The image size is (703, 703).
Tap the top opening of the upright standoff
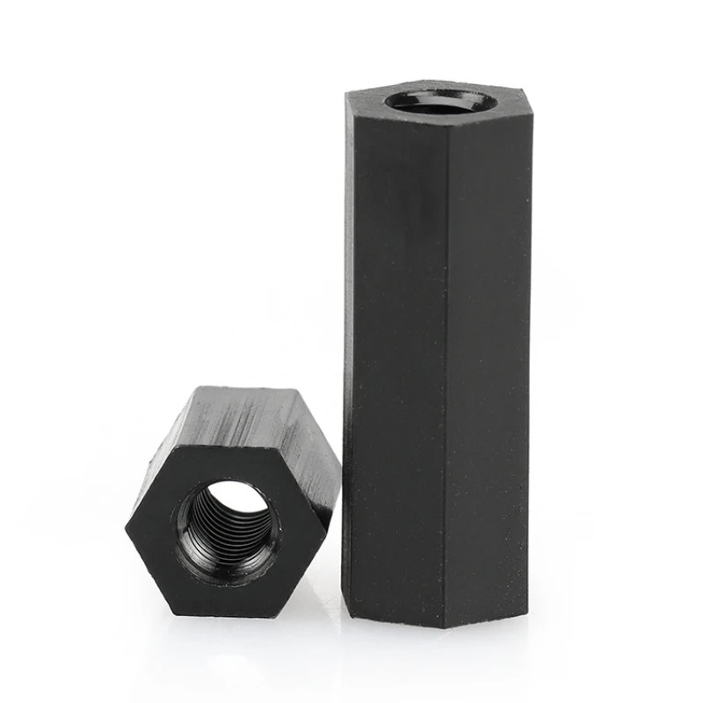[x=441, y=100]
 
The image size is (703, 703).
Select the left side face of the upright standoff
[x=395, y=351]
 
